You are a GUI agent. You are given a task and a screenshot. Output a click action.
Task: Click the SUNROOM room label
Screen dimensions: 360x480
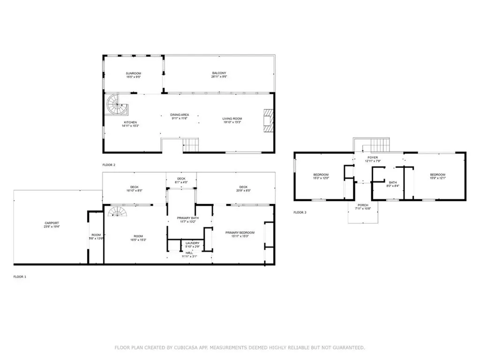[133, 74]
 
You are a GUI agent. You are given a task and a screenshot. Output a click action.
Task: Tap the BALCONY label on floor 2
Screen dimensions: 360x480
[218, 73]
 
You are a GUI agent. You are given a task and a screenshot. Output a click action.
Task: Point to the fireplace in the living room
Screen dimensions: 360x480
[267, 120]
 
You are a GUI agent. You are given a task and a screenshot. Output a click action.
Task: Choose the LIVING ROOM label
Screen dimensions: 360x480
[232, 119]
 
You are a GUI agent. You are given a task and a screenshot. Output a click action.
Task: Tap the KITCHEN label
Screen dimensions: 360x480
[117, 122]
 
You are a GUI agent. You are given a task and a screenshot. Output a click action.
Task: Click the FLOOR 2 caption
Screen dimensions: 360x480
[109, 165]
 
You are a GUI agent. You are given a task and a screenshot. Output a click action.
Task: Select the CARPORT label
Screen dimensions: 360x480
[52, 223]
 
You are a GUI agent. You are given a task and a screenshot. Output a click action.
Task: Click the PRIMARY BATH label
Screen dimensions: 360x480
[186, 218]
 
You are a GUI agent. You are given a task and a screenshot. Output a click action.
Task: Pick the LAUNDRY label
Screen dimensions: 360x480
[193, 243]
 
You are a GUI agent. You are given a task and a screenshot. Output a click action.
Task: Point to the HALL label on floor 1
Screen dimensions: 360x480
[189, 253]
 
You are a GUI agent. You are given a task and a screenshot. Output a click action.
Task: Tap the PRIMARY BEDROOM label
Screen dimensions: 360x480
[240, 232]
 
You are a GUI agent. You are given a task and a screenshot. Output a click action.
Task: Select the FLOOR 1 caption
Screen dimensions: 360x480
[20, 277]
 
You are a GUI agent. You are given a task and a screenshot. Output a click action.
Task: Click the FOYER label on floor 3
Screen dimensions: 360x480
[373, 158]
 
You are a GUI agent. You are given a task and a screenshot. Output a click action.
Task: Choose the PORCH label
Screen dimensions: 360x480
[363, 205]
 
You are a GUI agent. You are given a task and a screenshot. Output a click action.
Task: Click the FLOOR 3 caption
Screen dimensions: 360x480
[300, 213]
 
